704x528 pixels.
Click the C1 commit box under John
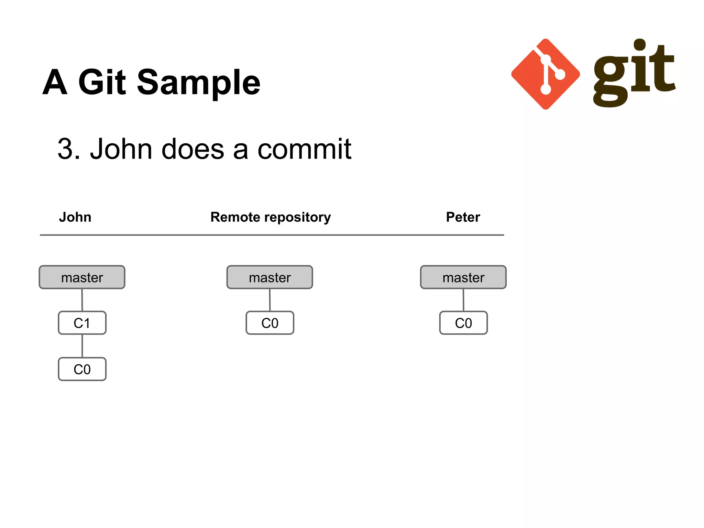click(82, 323)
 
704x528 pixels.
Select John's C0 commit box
click(82, 369)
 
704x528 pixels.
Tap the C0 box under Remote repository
click(270, 323)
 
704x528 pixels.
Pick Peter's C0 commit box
click(463, 323)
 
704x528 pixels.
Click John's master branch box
click(82, 277)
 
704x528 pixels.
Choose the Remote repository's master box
click(270, 277)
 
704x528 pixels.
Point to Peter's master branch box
click(463, 277)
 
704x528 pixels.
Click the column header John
click(75, 217)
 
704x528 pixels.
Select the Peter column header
click(463, 217)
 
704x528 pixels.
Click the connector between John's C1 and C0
click(82, 346)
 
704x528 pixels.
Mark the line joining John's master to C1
click(82, 300)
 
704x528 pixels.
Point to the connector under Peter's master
click(463, 300)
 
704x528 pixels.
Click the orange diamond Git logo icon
click(546, 74)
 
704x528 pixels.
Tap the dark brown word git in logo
click(634, 74)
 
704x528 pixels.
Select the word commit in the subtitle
click(304, 149)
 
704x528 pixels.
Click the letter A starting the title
click(55, 82)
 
